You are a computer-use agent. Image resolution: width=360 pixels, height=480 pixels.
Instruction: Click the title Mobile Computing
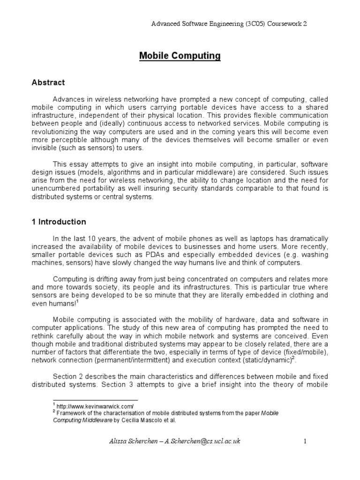(x=180, y=56)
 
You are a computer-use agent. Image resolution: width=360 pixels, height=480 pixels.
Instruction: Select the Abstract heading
(x=48, y=83)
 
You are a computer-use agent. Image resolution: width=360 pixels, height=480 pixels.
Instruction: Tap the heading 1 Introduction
(x=59, y=222)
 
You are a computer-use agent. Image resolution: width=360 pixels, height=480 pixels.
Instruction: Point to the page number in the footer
(x=305, y=441)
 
